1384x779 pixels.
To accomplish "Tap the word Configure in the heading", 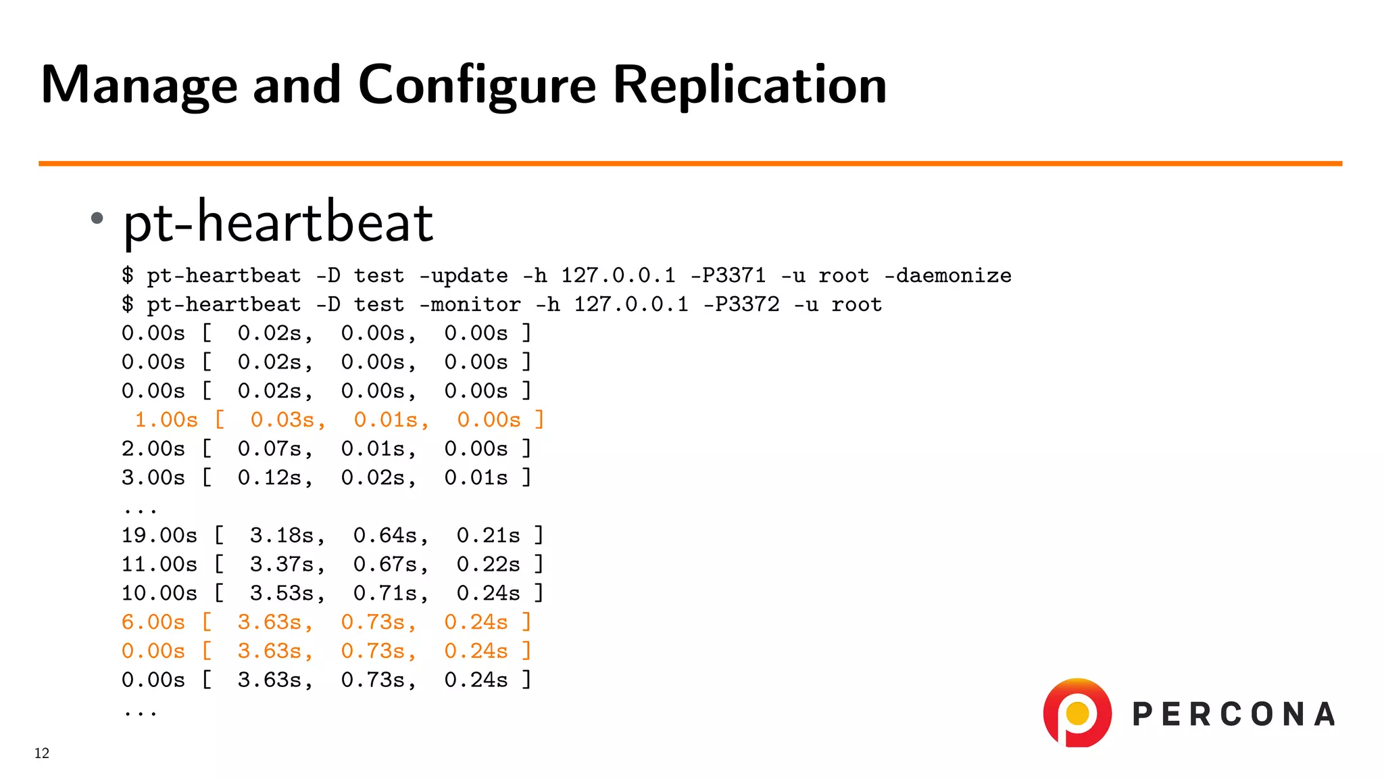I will click(x=476, y=86).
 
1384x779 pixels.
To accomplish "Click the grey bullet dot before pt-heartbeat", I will click(x=97, y=218).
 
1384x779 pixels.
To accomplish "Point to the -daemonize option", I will click(x=947, y=276).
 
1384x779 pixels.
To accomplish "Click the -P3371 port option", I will click(x=728, y=276).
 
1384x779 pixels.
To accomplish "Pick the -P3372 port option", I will click(x=741, y=305).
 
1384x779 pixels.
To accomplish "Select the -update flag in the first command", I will click(x=463, y=276).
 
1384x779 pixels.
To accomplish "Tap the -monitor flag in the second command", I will click(x=470, y=305).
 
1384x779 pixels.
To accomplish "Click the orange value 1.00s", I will click(x=166, y=420).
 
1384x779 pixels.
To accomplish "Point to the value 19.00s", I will click(x=159, y=536).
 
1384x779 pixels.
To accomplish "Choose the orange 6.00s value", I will click(x=153, y=622).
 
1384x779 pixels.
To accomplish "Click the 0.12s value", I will click(x=275, y=478).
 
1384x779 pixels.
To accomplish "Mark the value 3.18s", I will click(x=287, y=536).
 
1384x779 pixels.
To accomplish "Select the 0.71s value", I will click(x=391, y=593).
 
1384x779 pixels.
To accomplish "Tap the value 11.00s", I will click(x=159, y=565).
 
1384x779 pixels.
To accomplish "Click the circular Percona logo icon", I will click(x=1077, y=713).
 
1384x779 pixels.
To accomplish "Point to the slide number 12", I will click(x=42, y=753).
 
